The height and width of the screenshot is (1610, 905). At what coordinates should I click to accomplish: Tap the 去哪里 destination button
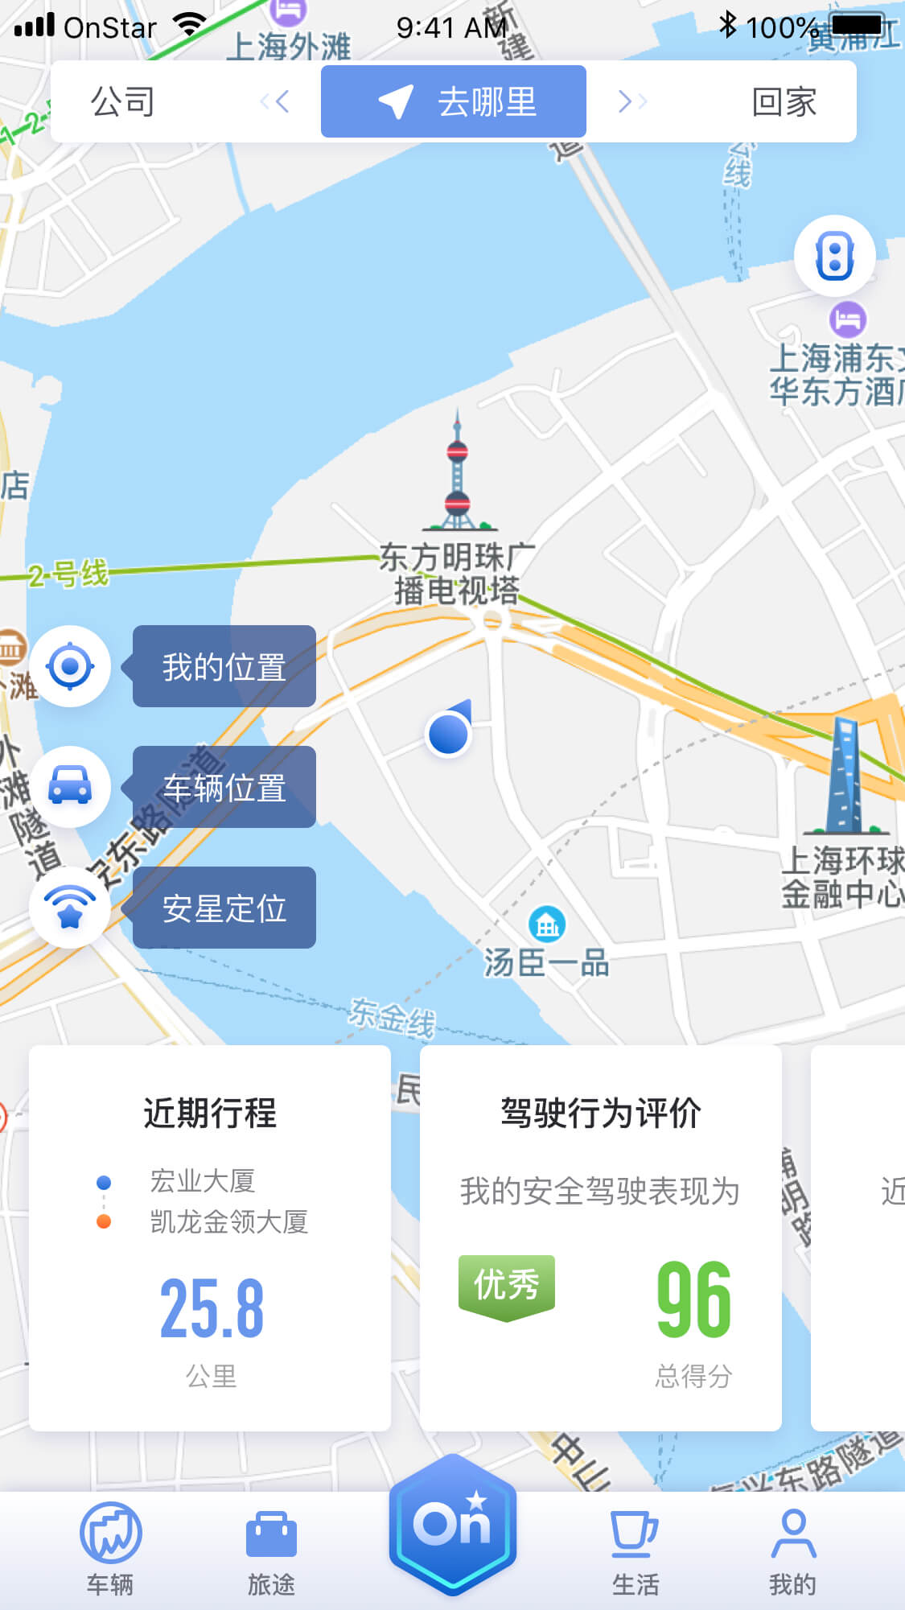454,102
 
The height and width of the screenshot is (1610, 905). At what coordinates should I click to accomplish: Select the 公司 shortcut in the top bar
123,102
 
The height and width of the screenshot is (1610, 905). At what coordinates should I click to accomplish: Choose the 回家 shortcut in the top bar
784,102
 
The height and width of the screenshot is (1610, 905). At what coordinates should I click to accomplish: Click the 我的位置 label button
224,667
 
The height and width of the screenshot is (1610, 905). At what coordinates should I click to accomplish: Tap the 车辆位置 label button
224,788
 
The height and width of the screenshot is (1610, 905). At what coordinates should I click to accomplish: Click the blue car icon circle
70,786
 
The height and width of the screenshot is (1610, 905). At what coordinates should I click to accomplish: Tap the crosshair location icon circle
70,666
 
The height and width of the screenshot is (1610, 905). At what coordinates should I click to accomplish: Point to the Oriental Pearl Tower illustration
458,475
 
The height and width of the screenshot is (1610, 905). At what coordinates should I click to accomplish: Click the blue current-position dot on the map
448,734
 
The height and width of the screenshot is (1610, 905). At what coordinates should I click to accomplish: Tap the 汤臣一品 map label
546,961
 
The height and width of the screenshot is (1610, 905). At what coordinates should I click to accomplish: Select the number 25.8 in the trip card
212,1309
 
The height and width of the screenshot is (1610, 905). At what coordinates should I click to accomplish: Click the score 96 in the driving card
693,1299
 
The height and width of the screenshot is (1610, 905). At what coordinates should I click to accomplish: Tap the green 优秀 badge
506,1285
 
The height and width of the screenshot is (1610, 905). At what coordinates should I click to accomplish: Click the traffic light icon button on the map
834,256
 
